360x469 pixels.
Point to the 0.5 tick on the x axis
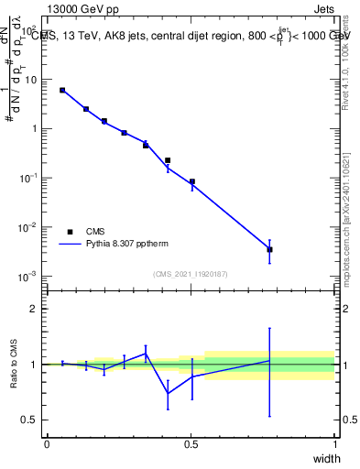tap(191, 444)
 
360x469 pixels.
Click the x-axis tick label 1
tap(335, 444)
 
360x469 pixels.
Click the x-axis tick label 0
tap(48, 444)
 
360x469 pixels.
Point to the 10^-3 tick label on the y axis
tap(29, 276)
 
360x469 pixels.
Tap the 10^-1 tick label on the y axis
tap(29, 178)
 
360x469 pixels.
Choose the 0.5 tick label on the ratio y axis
tap(33, 420)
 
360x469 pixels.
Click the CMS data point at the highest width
tap(269, 249)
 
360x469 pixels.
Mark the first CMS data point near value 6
tap(62, 90)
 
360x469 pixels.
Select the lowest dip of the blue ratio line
tap(168, 394)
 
